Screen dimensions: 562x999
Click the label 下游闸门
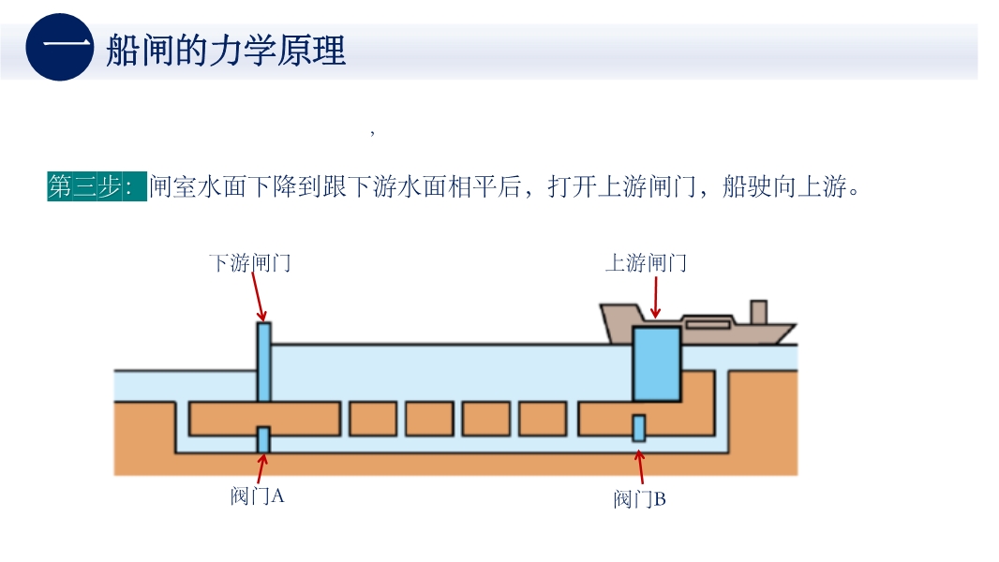tap(249, 263)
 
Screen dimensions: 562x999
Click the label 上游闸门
tap(646, 263)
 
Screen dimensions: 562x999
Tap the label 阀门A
tap(257, 496)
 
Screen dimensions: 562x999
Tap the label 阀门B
tap(639, 499)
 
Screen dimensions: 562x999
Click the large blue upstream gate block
tap(656, 363)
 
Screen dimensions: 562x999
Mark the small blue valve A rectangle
tap(264, 438)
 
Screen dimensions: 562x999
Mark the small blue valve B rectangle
tap(639, 428)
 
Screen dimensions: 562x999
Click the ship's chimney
tap(758, 312)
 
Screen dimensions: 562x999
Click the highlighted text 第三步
tap(97, 186)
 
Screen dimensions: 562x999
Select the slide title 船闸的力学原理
tap(225, 51)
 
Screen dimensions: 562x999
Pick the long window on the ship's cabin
tap(708, 324)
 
